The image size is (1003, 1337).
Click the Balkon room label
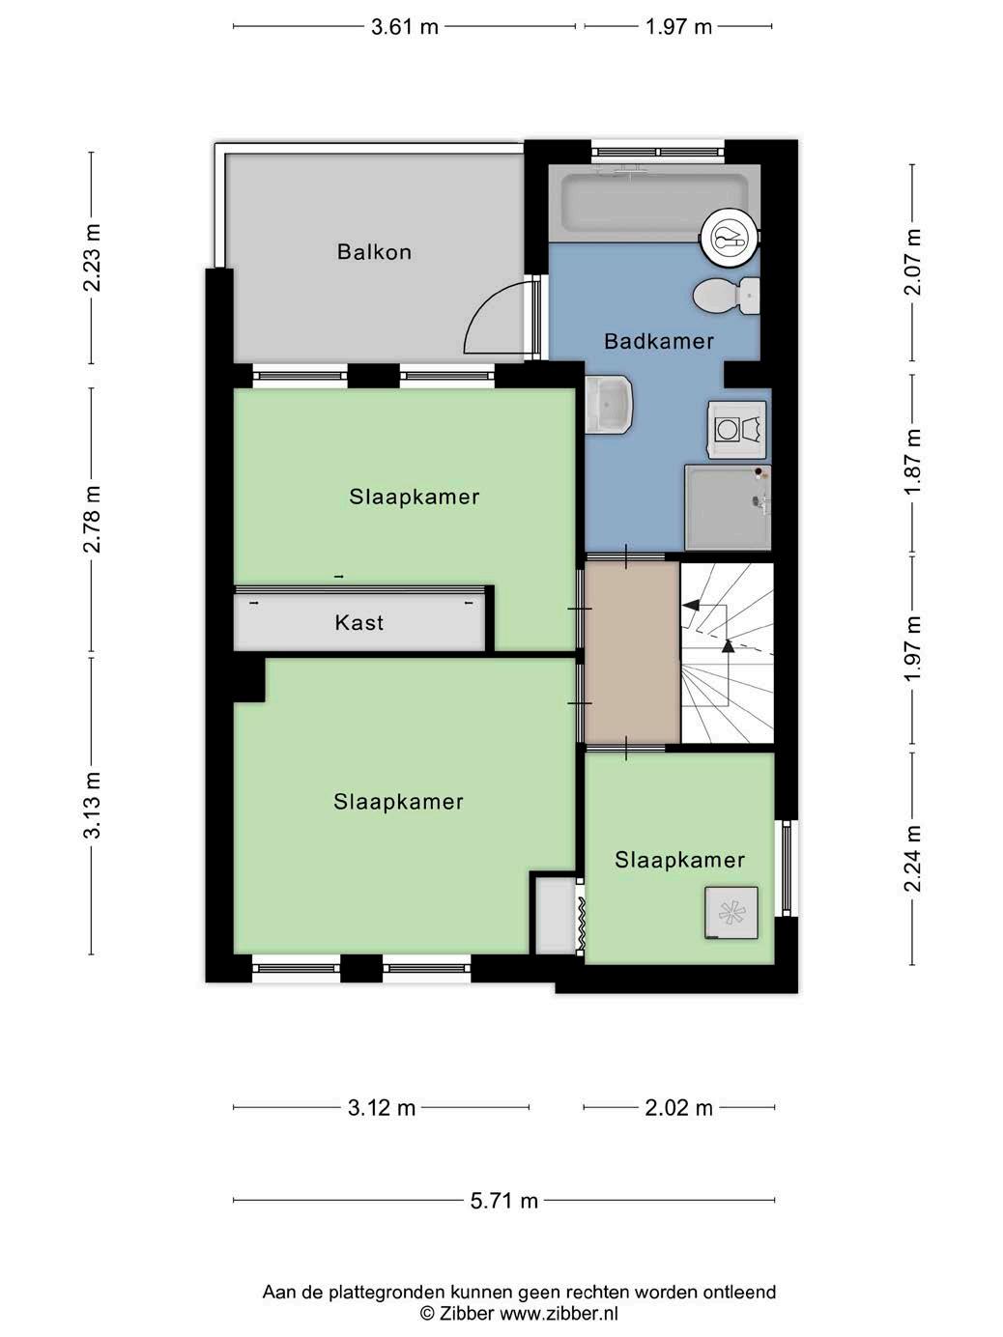pos(374,252)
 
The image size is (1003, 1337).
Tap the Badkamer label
pos(658,341)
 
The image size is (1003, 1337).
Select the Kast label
pos(358,622)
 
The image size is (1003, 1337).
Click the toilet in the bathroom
pos(726,296)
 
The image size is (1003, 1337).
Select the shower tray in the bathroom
pos(728,507)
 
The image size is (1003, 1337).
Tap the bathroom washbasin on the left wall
pos(609,404)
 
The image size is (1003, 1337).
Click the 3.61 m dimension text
pos(404,27)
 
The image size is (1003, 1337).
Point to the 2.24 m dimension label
pos(912,859)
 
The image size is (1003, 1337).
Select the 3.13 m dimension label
pos(92,806)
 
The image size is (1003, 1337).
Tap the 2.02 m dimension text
pos(678,1108)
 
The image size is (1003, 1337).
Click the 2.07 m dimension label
pos(912,262)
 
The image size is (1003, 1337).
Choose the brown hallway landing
pos(632,652)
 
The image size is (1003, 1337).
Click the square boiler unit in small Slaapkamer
pos(731,913)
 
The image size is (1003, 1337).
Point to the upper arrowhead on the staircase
pos(691,605)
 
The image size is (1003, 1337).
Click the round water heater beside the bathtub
pos(729,240)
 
